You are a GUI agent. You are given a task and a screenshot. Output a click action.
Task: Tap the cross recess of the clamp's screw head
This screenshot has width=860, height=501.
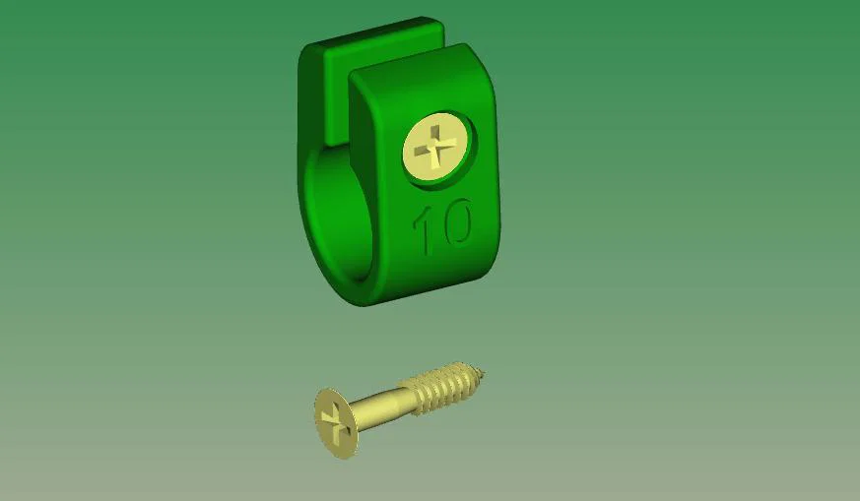pyautogui.click(x=435, y=149)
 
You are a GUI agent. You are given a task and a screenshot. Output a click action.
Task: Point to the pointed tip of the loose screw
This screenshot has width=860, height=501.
pyautogui.click(x=484, y=372)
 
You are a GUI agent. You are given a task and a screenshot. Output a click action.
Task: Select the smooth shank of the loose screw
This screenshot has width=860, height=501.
pyautogui.click(x=379, y=406)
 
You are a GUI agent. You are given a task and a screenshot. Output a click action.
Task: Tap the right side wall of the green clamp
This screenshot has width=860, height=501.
pyautogui.click(x=496, y=177)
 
